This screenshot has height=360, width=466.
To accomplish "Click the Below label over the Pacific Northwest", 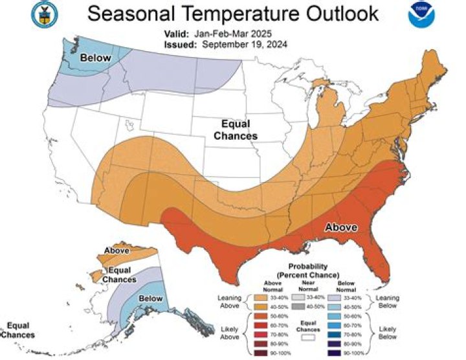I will point(95,58).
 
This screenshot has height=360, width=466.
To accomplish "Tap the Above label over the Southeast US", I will point(340,228).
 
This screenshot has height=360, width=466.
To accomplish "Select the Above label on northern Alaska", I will point(116,250).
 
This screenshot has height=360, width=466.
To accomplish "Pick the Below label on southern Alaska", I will point(150,298).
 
